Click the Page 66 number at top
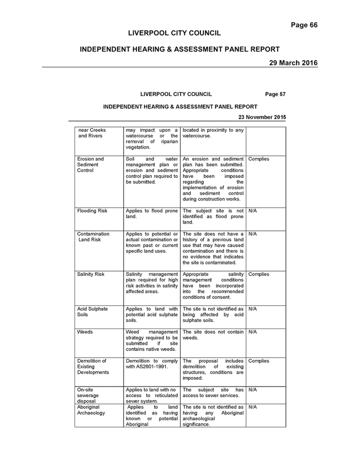coord(304,25)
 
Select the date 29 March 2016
coord(293,63)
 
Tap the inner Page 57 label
coord(276,94)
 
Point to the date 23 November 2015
coord(262,117)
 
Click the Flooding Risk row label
coord(92,211)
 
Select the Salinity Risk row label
coord(91,274)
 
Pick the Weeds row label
coord(84,332)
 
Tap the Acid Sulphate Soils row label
coord(92,311)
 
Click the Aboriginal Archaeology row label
coord(91,410)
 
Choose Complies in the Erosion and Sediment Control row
coord(258,158)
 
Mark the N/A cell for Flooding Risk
coord(252,211)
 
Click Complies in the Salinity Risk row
coord(258,274)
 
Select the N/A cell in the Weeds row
coord(252,332)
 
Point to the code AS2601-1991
coord(152,367)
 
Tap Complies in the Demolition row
coord(258,361)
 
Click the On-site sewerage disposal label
coord(88,395)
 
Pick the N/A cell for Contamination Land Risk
coord(252,234)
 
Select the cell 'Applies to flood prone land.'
coord(152,213)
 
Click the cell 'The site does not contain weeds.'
coord(213,335)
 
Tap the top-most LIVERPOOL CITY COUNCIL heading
coord(174,33)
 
